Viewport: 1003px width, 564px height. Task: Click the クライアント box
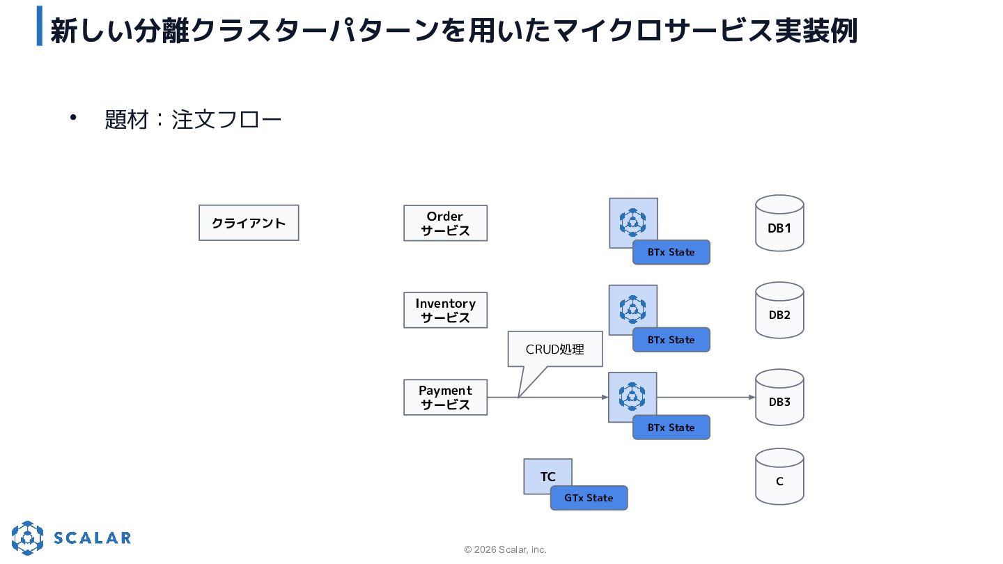(249, 223)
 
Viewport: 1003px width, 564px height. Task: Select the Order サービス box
(445, 224)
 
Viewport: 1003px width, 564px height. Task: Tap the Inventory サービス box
(445, 311)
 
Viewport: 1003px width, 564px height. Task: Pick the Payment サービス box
(445, 398)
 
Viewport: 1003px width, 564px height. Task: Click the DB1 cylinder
(779, 223)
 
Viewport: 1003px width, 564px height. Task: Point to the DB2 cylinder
(779, 311)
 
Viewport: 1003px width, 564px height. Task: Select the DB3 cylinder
(779, 398)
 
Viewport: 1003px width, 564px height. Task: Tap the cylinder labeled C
(779, 477)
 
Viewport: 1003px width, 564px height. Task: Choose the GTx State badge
(589, 498)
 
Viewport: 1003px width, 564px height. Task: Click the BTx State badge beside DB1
(671, 252)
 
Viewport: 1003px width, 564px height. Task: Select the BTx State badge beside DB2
(671, 340)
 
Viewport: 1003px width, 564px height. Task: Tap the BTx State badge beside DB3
(671, 428)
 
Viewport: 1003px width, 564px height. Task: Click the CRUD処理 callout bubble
(554, 349)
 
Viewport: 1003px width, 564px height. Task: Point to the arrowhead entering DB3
(752, 397)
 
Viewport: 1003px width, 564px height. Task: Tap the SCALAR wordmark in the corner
(92, 538)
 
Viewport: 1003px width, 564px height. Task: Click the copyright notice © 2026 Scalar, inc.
(505, 549)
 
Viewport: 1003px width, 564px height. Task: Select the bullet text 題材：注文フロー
(193, 120)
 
